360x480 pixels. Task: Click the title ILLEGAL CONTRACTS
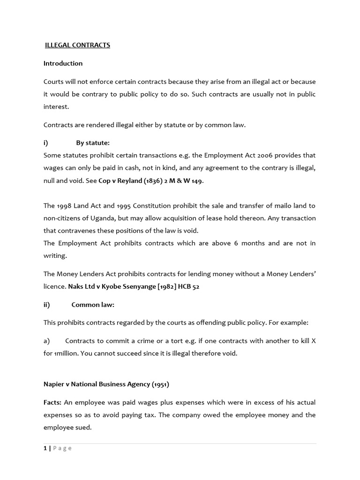[77, 45]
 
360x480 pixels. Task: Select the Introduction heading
[63, 63]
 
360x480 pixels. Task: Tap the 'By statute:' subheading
[93, 143]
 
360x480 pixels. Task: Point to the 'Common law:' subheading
[93, 305]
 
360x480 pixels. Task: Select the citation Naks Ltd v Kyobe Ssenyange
[111, 286]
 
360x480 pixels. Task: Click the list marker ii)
[46, 305]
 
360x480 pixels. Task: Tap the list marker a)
[46, 341]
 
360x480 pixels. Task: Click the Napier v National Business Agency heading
[106, 384]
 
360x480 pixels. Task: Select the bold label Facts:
[52, 402]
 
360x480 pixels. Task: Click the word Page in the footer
[62, 448]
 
